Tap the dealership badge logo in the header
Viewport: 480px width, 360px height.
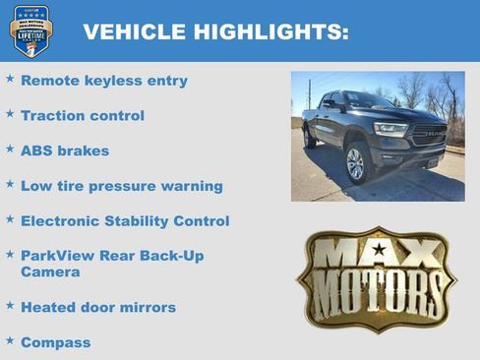31,30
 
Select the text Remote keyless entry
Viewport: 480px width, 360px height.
103,81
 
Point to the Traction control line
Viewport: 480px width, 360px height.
82,116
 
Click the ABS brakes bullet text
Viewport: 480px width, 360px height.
65,151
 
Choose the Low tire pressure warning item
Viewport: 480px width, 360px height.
121,186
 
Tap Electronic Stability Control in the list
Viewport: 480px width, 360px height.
124,221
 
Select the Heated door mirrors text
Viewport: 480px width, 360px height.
97,308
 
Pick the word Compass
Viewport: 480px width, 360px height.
55,342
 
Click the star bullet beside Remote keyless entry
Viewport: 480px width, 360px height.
10,79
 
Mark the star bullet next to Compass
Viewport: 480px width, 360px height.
10,340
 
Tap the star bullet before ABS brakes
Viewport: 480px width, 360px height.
10,150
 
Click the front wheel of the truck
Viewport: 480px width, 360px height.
355,163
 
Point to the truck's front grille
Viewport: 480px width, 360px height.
428,134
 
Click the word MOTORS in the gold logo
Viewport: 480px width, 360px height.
377,292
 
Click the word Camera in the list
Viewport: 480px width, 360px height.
50,271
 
